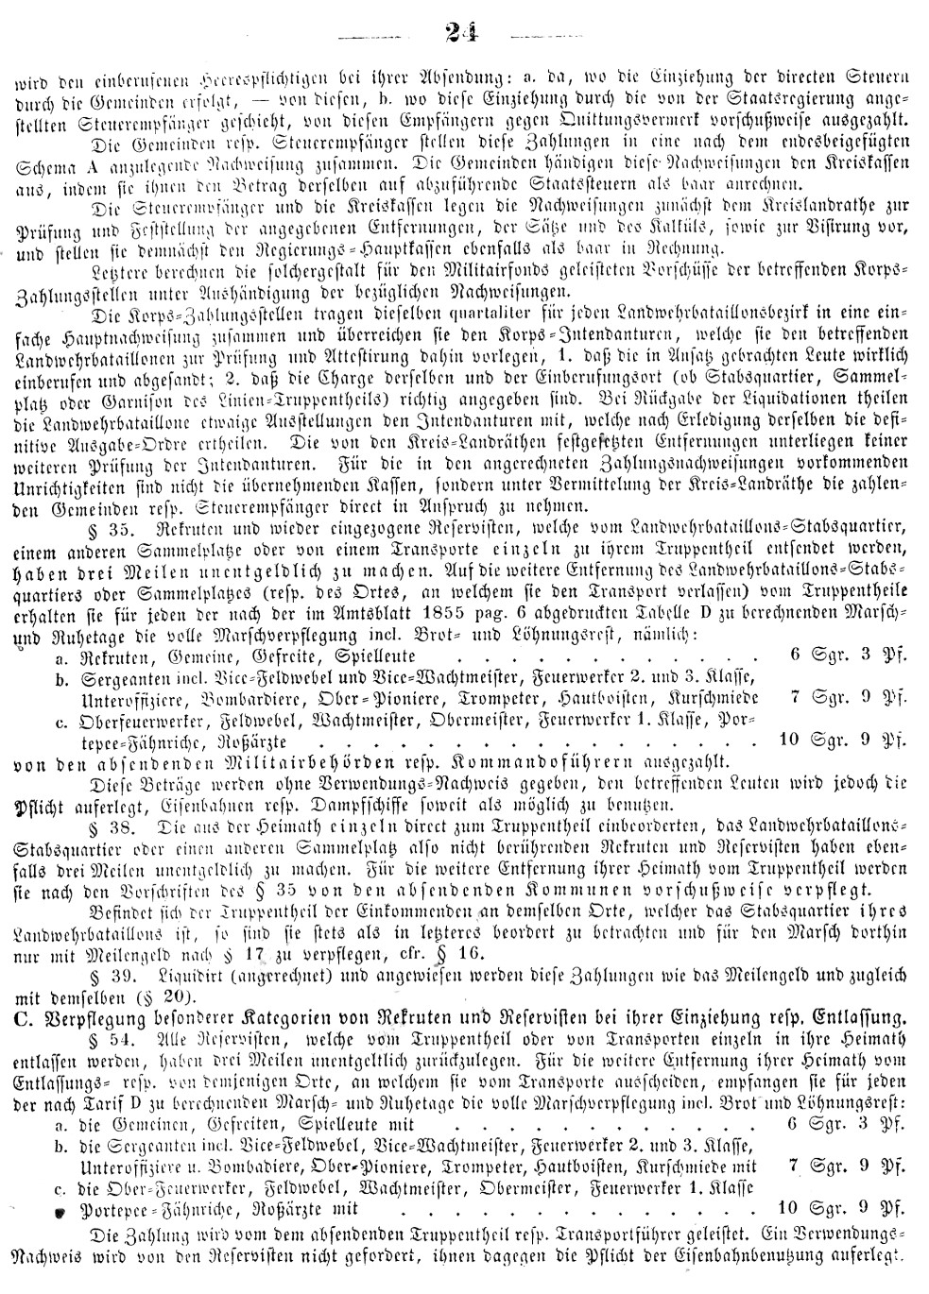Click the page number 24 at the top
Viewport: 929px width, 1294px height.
[463, 36]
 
